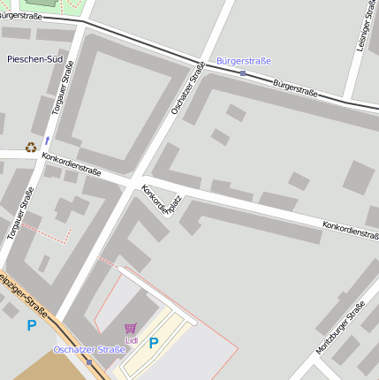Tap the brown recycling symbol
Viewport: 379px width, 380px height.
(31, 148)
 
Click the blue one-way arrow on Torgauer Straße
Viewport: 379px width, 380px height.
(47, 141)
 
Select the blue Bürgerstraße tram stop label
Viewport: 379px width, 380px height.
(243, 60)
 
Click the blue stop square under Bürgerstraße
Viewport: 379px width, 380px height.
(243, 72)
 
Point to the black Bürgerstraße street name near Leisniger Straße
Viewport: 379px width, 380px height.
(295, 89)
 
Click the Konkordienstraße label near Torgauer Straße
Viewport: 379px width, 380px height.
(72, 163)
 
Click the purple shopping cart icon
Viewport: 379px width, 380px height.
(132, 328)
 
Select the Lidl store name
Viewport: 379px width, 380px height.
(132, 340)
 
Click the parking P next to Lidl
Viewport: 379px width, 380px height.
(153, 343)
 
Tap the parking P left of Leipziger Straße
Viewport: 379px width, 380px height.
(32, 325)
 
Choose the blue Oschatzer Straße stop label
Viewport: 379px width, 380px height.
(89, 350)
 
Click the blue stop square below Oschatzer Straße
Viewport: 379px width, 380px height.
(88, 361)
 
